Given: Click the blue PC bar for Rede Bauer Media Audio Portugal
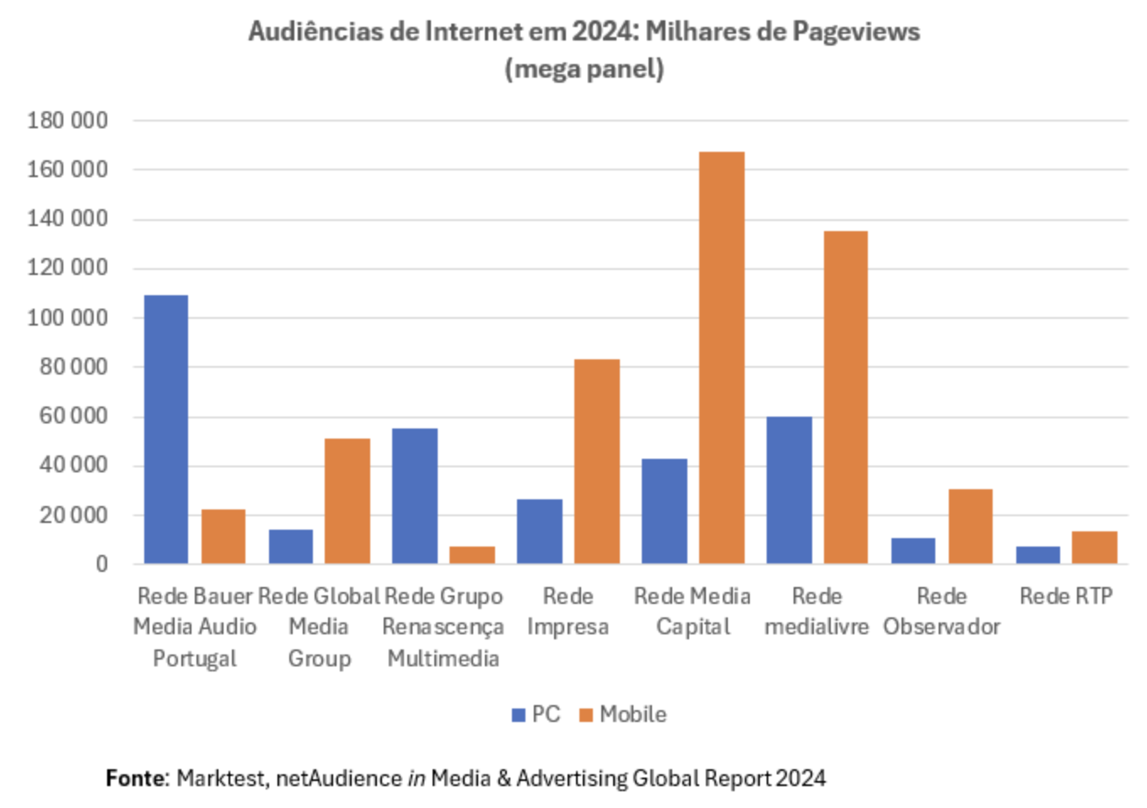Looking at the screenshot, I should pyautogui.click(x=166, y=429).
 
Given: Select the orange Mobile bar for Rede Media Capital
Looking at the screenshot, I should pyautogui.click(x=721, y=358).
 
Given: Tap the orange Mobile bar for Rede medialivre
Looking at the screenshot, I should pyautogui.click(x=845, y=397).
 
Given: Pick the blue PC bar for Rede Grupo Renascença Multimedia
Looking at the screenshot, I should pyautogui.click(x=415, y=496).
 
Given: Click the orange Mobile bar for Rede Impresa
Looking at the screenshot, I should pyautogui.click(x=596, y=461).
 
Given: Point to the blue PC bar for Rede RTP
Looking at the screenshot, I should pyautogui.click(x=1037, y=555).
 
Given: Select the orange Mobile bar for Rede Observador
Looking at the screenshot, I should pyautogui.click(x=970, y=526).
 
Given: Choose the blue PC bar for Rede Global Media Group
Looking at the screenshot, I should pyautogui.click(x=291, y=547).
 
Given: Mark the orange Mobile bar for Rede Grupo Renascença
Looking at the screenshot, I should pyautogui.click(x=472, y=555).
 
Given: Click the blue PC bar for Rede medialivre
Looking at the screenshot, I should pyautogui.click(x=789, y=490).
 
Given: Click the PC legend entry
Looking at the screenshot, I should pyautogui.click(x=536, y=714).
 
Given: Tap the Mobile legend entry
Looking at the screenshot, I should pyautogui.click(x=623, y=714).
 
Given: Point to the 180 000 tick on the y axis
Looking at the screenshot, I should pyautogui.click(x=67, y=121).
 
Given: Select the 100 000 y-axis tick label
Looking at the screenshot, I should pyautogui.click(x=67, y=318).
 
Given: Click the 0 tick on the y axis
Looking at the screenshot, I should pyautogui.click(x=101, y=564).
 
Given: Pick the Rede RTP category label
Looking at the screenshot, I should pyautogui.click(x=1066, y=596).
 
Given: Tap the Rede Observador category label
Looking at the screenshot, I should pyautogui.click(x=941, y=611).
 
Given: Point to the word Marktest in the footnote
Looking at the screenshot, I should pyautogui.click(x=221, y=778).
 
